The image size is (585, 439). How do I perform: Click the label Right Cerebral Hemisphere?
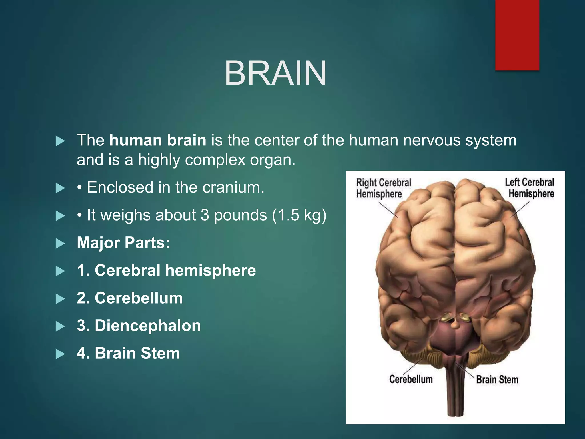click(x=383, y=188)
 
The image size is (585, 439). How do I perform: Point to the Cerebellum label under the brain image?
click(x=411, y=379)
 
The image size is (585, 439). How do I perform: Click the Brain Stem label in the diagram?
click(x=497, y=380)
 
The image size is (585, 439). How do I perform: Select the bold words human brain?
click(x=158, y=140)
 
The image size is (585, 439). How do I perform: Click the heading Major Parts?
click(x=123, y=243)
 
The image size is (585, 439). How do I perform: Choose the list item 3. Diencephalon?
click(x=139, y=326)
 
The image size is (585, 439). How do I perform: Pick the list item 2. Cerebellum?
click(x=130, y=298)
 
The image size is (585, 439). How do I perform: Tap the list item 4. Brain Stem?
click(x=128, y=353)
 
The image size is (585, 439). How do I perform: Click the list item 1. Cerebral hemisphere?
click(x=166, y=270)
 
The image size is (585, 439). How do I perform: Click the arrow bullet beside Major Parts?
click(x=60, y=244)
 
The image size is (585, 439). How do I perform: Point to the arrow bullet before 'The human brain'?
click(x=60, y=141)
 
